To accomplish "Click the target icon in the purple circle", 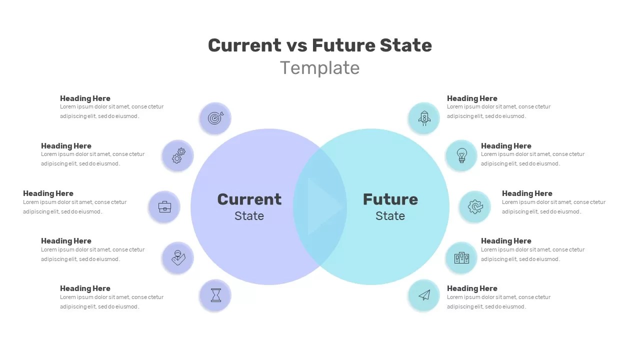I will click(215, 118).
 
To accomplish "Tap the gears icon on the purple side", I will click(178, 155).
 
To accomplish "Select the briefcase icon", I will click(164, 206).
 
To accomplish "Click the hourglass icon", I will click(215, 295).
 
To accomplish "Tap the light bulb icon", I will click(461, 155).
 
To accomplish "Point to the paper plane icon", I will click(424, 295).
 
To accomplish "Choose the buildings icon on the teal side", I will click(461, 258).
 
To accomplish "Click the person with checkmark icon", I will click(178, 258).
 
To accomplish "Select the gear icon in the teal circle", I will click(475, 206).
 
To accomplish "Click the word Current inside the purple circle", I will click(249, 199).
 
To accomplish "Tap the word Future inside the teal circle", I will click(390, 199).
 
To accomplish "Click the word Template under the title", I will click(320, 68).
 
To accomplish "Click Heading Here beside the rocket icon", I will click(472, 98).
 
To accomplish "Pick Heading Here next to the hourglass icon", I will click(85, 288).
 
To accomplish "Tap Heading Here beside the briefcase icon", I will click(48, 193).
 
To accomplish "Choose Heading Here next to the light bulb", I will click(506, 146).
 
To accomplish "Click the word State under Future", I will click(390, 216).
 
